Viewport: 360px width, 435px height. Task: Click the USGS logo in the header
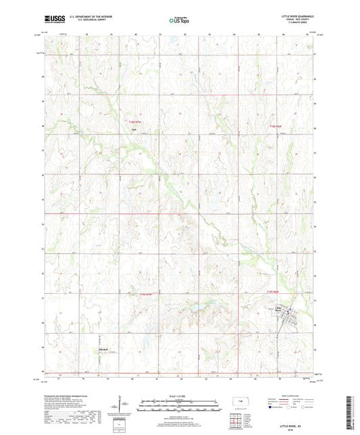tap(51, 20)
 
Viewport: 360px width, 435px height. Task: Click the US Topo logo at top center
tap(180, 21)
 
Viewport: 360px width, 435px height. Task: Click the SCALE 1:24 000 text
tap(180, 396)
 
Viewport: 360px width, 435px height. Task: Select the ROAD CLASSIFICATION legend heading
tap(292, 396)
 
